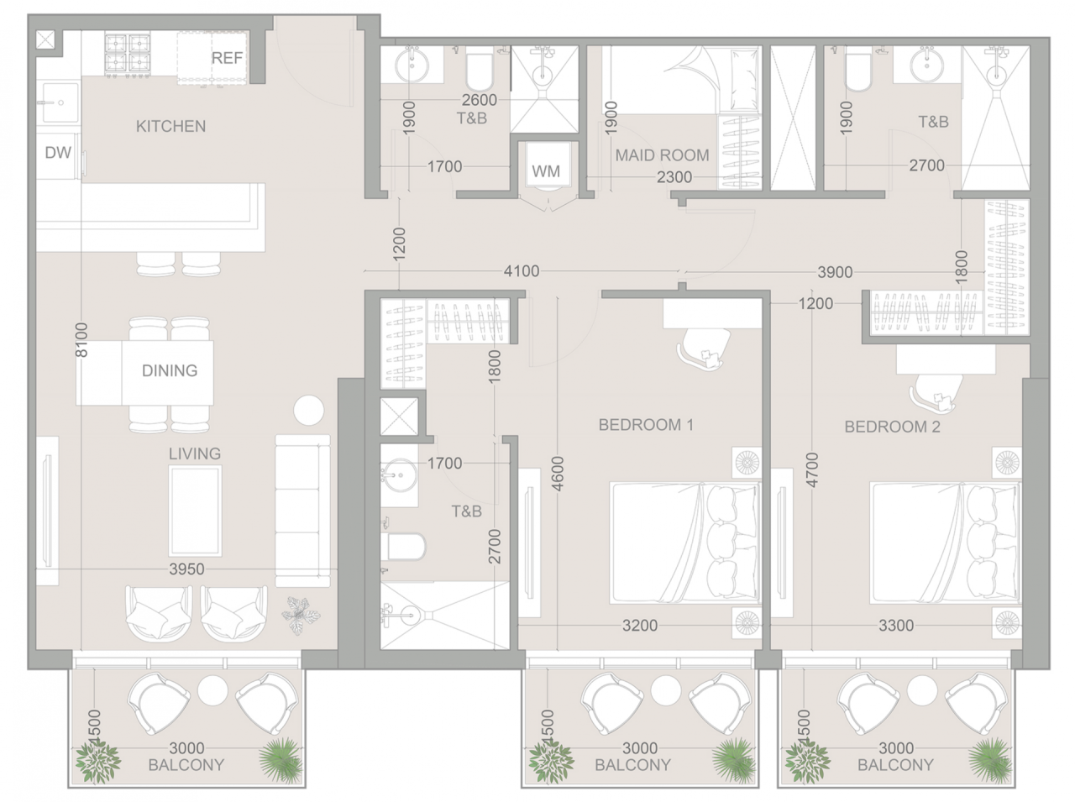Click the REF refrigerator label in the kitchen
click(227, 58)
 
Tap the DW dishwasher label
click(58, 153)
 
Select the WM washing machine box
click(546, 171)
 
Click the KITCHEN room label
click(170, 126)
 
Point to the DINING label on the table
click(170, 370)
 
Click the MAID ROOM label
click(662, 155)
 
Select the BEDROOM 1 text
click(646, 425)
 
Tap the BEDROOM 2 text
click(892, 427)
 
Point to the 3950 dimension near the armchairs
click(186, 569)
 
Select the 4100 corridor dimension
click(522, 271)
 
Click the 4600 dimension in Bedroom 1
click(558, 474)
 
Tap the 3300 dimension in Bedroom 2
click(896, 625)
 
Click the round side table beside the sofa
click(308, 411)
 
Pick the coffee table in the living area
click(196, 511)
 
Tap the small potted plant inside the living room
click(301, 614)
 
